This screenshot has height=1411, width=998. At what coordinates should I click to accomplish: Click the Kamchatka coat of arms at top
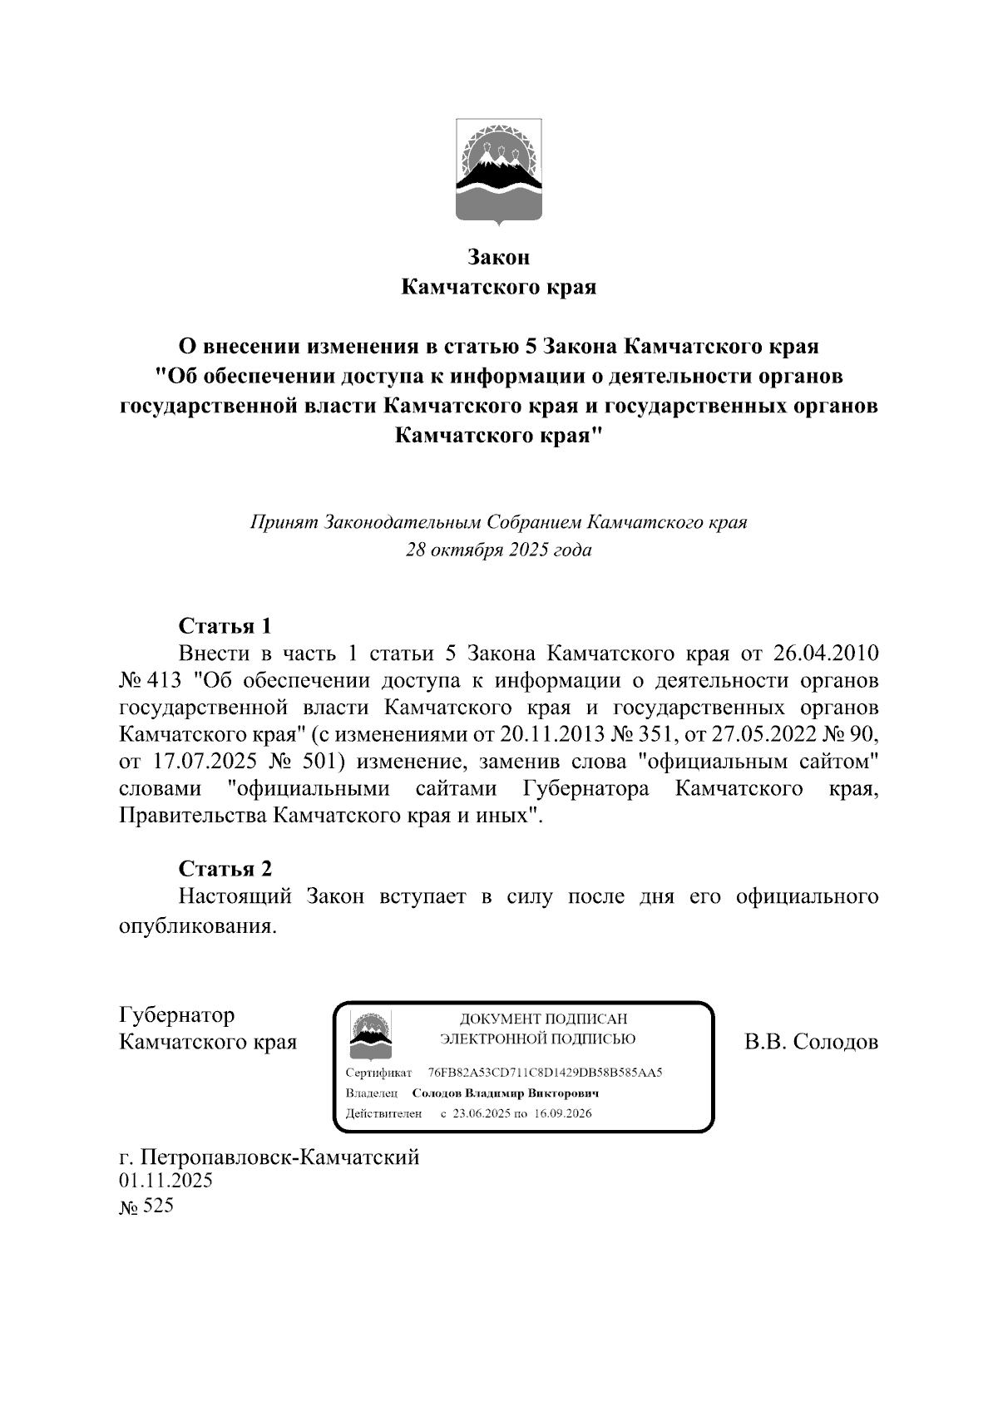(x=499, y=171)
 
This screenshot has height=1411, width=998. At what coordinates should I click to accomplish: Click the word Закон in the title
(x=499, y=258)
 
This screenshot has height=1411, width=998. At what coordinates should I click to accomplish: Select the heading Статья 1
(x=225, y=625)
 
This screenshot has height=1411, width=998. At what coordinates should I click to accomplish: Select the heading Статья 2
(x=225, y=869)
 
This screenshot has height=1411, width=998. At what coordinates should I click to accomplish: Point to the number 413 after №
(x=163, y=680)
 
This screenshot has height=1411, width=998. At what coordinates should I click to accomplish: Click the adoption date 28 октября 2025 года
(x=499, y=550)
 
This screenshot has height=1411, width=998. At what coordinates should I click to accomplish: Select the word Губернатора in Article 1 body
(x=586, y=789)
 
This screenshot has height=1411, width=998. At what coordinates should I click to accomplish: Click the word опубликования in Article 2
(x=197, y=925)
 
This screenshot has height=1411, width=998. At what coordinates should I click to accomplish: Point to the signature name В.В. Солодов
(x=811, y=1042)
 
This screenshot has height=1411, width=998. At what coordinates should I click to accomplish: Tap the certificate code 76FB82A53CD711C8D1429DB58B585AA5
(x=545, y=1073)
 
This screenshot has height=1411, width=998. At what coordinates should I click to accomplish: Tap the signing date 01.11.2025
(x=166, y=1181)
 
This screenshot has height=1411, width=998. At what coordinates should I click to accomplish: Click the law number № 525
(x=147, y=1206)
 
